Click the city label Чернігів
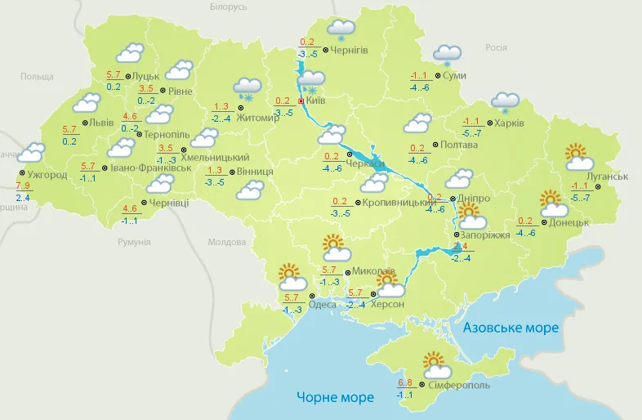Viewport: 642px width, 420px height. coord(350,50)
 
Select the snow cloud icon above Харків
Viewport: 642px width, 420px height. coord(505,103)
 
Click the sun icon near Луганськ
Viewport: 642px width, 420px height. coord(577,153)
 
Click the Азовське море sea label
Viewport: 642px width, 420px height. coord(510,328)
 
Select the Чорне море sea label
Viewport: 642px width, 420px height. coord(335,397)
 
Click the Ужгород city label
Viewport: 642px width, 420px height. coord(48,174)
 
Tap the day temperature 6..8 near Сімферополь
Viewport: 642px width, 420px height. coord(405,382)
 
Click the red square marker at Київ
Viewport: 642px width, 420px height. coord(301,101)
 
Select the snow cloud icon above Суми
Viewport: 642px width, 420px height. coord(447,55)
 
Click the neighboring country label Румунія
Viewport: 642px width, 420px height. coord(133,242)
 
